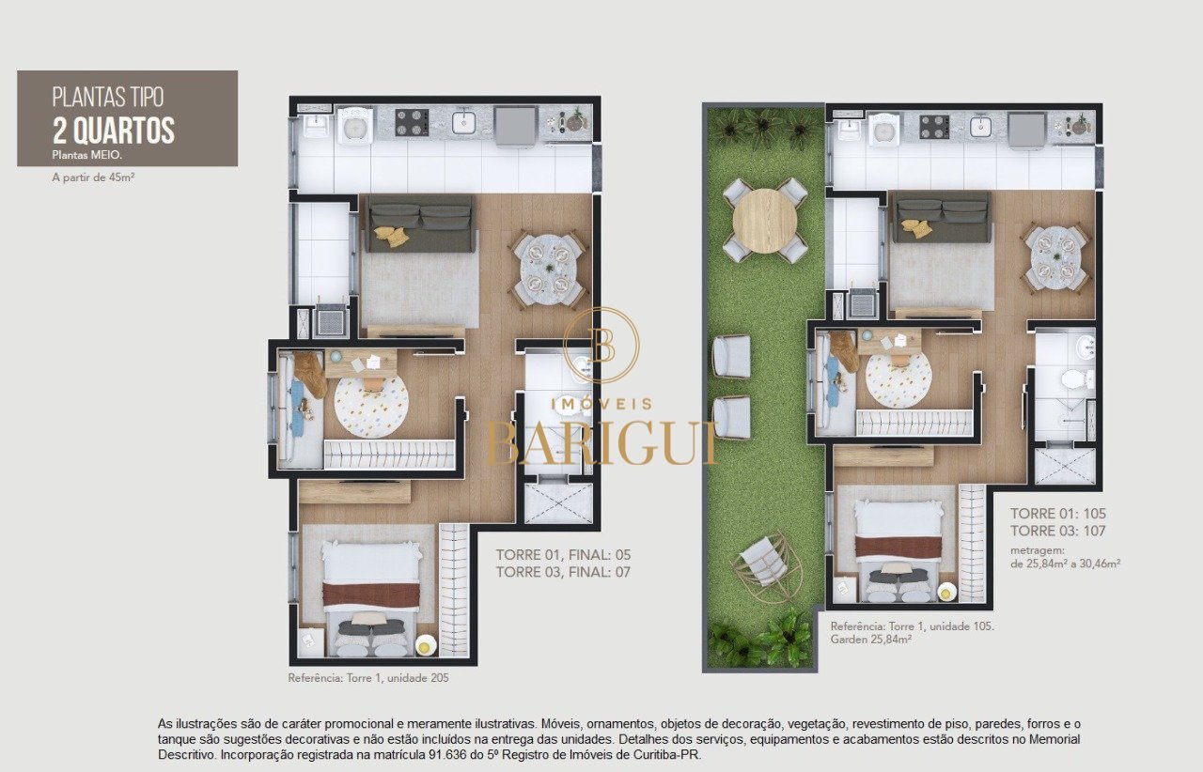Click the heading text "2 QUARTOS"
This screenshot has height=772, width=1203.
[x=114, y=131]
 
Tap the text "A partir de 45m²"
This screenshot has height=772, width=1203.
[x=93, y=178]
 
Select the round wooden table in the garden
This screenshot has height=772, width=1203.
[x=765, y=220]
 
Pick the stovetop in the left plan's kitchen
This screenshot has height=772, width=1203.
[x=412, y=122]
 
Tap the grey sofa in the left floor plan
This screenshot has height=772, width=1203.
[x=419, y=224]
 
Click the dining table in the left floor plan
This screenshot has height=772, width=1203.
[x=549, y=268]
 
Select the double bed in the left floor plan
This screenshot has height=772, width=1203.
[x=370, y=597]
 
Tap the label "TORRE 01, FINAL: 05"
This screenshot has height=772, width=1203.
[x=563, y=554]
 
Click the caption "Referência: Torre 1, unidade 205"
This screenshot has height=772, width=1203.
[x=368, y=678]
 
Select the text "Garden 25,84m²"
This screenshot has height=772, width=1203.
[x=871, y=640]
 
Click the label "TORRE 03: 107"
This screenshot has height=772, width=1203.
[x=1058, y=531]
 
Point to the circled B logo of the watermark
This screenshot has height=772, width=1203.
[x=601, y=345]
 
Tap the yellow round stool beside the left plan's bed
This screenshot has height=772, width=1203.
[x=424, y=645]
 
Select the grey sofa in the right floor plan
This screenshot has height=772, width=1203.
[x=942, y=218]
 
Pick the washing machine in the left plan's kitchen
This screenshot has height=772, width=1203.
[x=355, y=127]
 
